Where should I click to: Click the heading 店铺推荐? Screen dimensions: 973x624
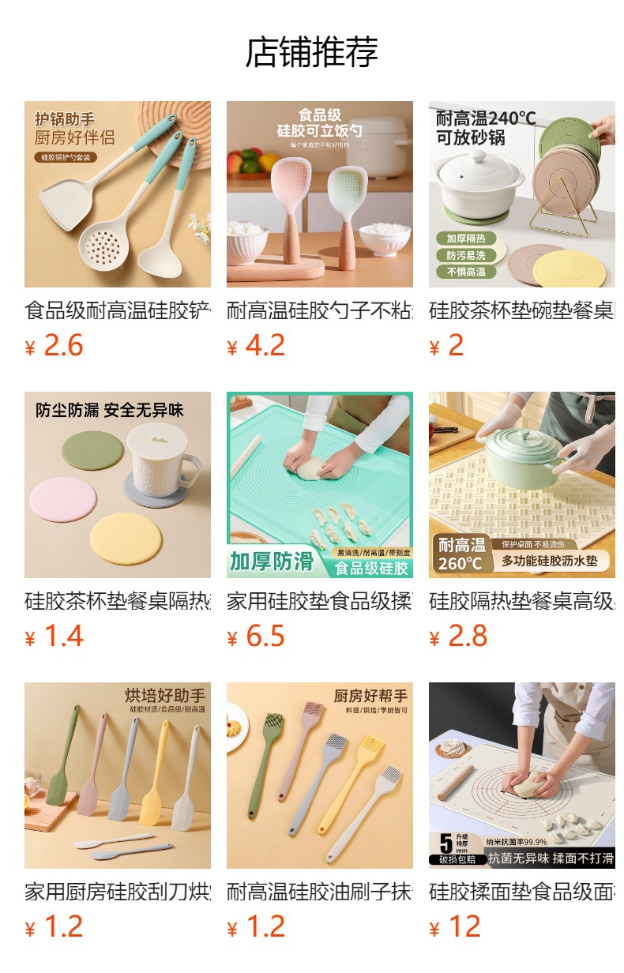coord(312,52)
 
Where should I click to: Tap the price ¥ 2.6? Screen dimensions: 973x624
coord(55,346)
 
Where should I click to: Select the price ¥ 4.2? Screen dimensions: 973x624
coord(257,346)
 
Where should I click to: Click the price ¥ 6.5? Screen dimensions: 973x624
coord(257,637)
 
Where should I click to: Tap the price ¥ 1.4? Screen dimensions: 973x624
coord(55,637)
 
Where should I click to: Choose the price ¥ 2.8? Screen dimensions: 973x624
coord(459,637)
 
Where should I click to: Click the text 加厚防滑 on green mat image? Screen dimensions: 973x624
coord(272,562)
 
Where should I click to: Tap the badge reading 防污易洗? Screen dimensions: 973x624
coord(465,255)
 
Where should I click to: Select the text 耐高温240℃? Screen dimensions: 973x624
coord(486,118)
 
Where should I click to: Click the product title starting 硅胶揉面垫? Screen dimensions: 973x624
coord(522,892)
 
